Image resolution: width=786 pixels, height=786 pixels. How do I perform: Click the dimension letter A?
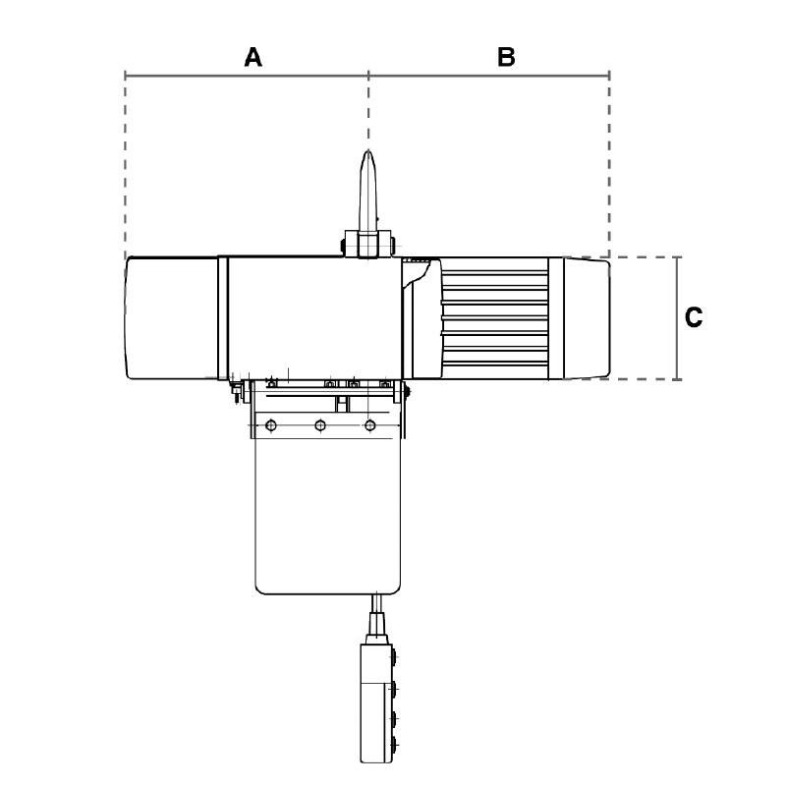[x=253, y=57]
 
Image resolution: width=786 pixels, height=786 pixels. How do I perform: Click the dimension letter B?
[x=506, y=57]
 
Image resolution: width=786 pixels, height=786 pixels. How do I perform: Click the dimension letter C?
[x=694, y=317]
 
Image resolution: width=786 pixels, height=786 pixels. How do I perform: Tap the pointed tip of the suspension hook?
[x=368, y=150]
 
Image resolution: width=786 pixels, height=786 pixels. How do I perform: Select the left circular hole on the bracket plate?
[x=271, y=425]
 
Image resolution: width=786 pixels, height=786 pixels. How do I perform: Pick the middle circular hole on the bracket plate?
[x=320, y=425]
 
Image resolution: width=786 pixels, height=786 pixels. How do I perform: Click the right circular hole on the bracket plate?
[x=370, y=425]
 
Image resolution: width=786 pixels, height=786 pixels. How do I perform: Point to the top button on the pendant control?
[x=395, y=656]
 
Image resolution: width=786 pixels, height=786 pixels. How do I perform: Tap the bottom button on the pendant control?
[x=395, y=744]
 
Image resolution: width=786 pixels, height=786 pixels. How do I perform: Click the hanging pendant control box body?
[x=376, y=703]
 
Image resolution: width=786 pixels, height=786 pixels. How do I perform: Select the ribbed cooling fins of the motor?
[x=494, y=318]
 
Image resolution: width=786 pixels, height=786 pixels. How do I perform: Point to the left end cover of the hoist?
[x=171, y=317]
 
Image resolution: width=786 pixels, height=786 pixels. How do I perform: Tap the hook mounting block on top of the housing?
[x=367, y=244]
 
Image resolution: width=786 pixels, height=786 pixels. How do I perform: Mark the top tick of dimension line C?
[x=677, y=257]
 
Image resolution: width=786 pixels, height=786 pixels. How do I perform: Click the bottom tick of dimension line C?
[x=677, y=379]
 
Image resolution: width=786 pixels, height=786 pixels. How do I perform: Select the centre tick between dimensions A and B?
[x=369, y=76]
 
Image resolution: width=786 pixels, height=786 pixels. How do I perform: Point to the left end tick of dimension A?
[x=126, y=76]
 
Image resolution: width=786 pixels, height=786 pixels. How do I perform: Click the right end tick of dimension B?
[x=609, y=76]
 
